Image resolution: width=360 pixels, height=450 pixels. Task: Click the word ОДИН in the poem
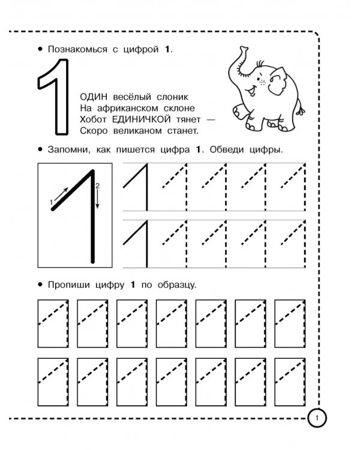pyautogui.click(x=94, y=97)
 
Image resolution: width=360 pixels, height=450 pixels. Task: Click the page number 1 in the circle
pyautogui.click(x=317, y=418)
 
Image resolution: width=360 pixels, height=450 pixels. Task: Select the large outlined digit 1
pyautogui.click(x=53, y=97)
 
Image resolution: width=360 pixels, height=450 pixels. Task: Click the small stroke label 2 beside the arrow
pyautogui.click(x=97, y=185)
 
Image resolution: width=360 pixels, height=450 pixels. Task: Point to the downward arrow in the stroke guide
pyautogui.click(x=97, y=199)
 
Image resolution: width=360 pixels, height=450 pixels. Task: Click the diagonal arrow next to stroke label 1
pyautogui.click(x=61, y=194)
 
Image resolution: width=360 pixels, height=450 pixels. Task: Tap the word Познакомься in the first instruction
pyautogui.click(x=77, y=49)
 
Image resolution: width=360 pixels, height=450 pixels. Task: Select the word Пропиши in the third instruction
pyautogui.click(x=68, y=285)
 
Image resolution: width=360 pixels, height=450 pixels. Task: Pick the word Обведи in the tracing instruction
pyautogui.click(x=227, y=149)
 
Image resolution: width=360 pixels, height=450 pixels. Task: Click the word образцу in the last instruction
pyautogui.click(x=177, y=285)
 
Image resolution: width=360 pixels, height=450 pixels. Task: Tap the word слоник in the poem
pyautogui.click(x=172, y=97)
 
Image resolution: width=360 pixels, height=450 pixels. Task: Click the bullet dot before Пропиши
pyautogui.click(x=40, y=284)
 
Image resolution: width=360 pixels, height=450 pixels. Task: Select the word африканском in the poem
pyautogui.click(x=127, y=108)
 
